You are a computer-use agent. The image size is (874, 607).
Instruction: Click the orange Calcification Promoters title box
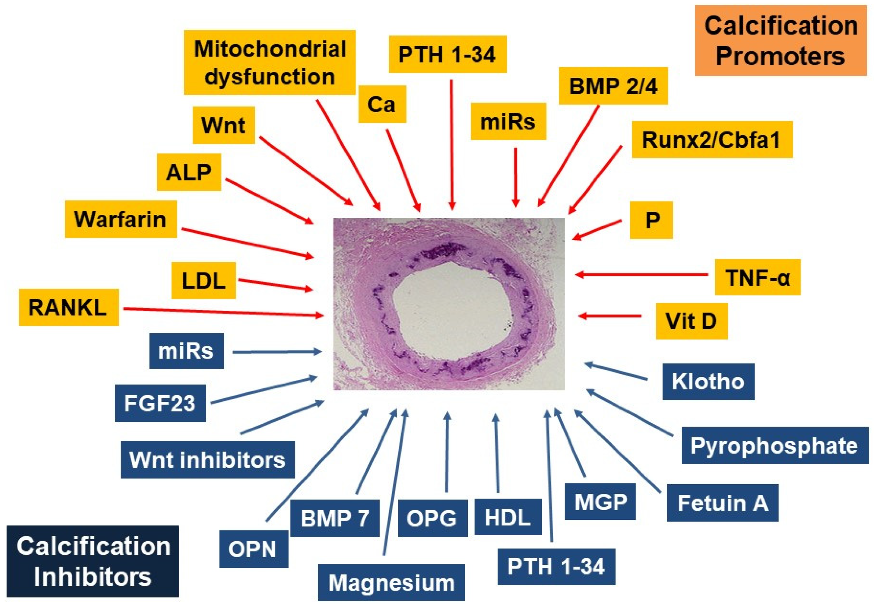pos(780,40)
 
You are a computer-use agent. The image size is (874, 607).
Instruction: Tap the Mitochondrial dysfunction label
pos(269,62)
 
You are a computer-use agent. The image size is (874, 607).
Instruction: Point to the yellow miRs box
pos(508,121)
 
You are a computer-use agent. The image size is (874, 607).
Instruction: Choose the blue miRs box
pos(186,351)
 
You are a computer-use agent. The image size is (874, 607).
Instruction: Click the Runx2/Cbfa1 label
pos(712,140)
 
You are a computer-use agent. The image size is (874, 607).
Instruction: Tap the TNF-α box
pos(757,277)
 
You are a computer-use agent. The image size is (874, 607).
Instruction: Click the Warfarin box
pos(121,219)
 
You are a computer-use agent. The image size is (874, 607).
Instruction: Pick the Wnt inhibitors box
pos(208,460)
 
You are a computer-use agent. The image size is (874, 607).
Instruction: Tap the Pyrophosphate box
pos(775,445)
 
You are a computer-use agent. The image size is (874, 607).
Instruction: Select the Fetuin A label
pos(722,503)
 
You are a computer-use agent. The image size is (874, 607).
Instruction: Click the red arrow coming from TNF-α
pos(643,275)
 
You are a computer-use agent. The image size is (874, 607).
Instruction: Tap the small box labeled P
pos(651,220)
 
